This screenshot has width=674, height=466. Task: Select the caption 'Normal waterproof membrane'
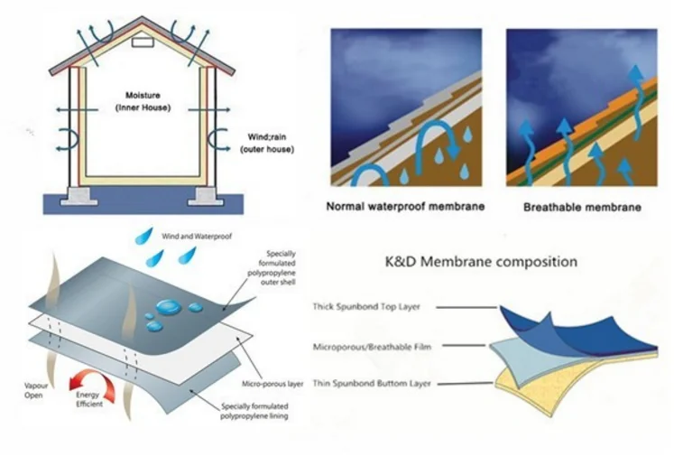pos(405,207)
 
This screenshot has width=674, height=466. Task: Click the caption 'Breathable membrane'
pos(582,207)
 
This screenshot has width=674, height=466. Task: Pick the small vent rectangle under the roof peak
pos(143,42)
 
